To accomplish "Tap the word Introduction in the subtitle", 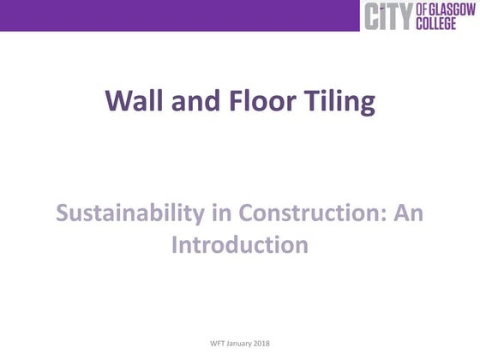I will click(240, 245).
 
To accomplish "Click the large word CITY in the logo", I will click(388, 16).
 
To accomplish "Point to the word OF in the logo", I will click(421, 9).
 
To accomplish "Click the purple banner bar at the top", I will click(171, 15).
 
